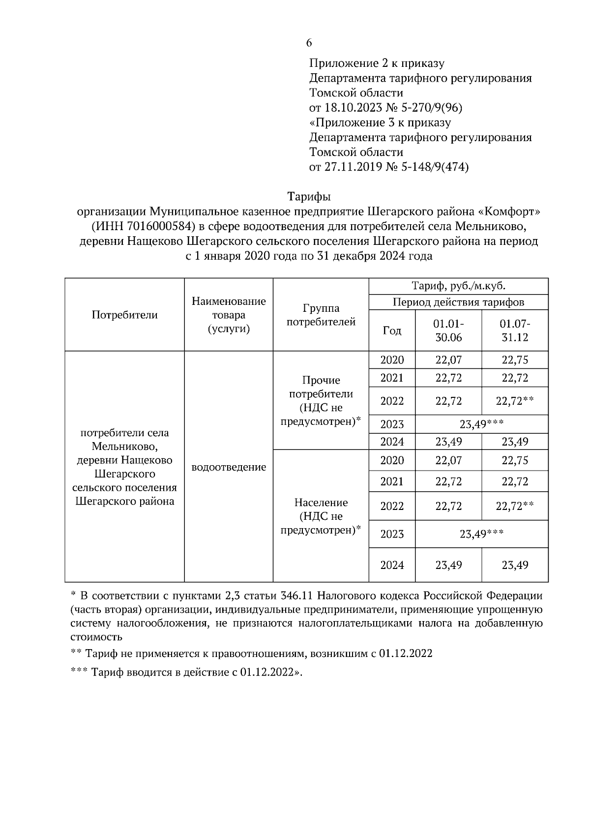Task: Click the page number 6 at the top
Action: click(x=309, y=43)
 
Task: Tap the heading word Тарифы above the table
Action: click(x=309, y=197)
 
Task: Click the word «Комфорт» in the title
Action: click(x=508, y=212)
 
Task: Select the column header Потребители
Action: click(x=124, y=315)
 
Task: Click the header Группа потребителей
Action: click(x=321, y=315)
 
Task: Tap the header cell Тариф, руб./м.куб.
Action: click(x=458, y=286)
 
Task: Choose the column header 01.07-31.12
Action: click(x=515, y=330)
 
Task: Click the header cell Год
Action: click(x=392, y=330)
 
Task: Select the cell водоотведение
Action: click(x=229, y=467)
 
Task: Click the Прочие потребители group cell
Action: click(x=321, y=400)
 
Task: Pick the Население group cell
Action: click(x=321, y=516)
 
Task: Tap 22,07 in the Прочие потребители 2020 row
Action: click(x=448, y=360)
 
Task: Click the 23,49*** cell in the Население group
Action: click(x=481, y=534)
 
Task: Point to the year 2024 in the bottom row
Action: click(x=392, y=565)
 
